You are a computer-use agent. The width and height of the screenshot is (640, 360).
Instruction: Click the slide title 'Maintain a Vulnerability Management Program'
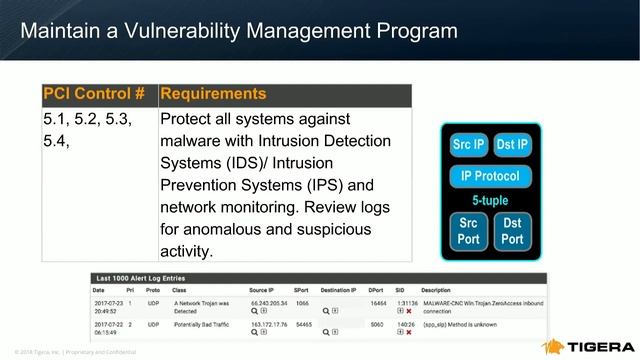pyautogui.click(x=239, y=30)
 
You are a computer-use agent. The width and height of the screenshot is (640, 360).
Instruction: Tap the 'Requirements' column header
pyautogui.click(x=213, y=94)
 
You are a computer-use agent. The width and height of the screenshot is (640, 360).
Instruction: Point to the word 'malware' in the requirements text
pyautogui.click(x=190, y=141)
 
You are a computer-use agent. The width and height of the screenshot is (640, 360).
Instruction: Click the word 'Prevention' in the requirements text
pyautogui.click(x=204, y=185)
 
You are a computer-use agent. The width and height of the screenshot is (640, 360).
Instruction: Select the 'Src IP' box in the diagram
pyautogui.click(x=468, y=145)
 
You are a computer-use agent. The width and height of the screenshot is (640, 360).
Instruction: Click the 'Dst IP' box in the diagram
pyautogui.click(x=511, y=145)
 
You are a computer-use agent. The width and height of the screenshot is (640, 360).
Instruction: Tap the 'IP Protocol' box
pyautogui.click(x=490, y=176)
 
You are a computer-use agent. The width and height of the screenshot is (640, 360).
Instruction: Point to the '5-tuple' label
pyautogui.click(x=490, y=200)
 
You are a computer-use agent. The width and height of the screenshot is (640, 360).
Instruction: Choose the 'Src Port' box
pyautogui.click(x=468, y=231)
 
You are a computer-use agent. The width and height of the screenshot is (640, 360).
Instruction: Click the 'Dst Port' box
pyautogui.click(x=512, y=231)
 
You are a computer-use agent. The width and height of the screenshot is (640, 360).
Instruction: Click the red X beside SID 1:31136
pyautogui.click(x=408, y=311)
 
